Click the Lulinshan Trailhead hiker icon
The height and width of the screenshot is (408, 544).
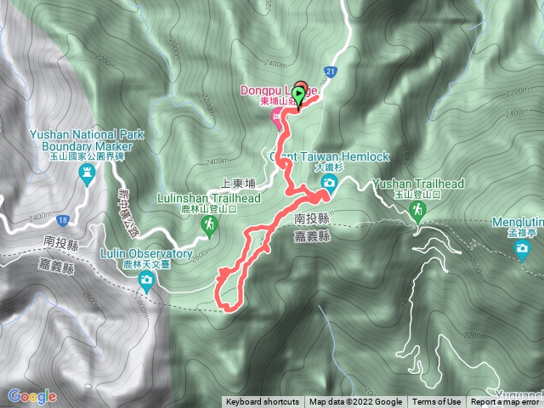208,224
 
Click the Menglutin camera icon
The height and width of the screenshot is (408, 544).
521,249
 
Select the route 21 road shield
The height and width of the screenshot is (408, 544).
330,72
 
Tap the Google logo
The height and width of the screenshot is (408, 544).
32,396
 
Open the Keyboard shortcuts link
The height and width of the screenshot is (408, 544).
262,402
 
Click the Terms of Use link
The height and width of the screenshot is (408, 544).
437,402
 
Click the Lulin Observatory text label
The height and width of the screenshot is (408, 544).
147,254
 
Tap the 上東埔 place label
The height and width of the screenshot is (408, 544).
238,182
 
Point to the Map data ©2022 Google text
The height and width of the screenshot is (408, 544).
355,402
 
